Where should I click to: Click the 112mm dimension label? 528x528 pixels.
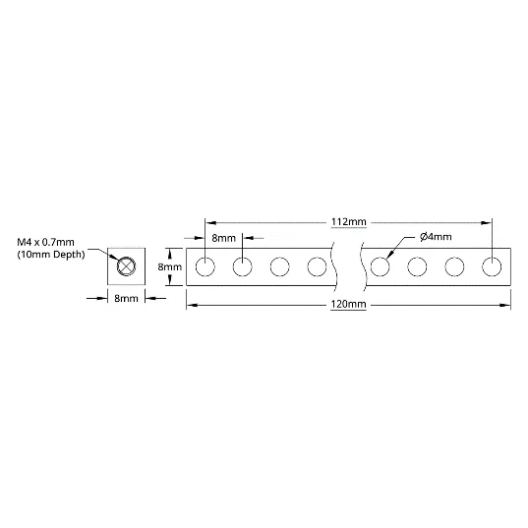[x=348, y=222]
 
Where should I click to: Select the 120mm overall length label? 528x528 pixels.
[x=348, y=304]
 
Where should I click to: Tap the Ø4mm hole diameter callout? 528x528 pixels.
[x=436, y=237]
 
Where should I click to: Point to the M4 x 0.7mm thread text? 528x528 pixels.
[x=45, y=242]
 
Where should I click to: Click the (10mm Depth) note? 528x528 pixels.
[x=51, y=255]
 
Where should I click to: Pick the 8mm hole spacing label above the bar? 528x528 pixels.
[x=223, y=238]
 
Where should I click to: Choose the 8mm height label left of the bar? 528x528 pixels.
[x=170, y=266]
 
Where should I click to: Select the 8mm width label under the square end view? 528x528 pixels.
[x=126, y=298]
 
